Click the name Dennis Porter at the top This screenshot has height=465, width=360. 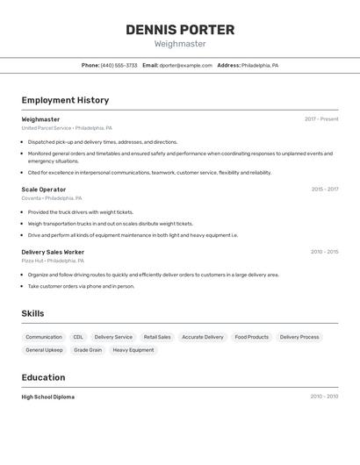(x=180, y=30)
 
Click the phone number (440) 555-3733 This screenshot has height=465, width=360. (x=119, y=65)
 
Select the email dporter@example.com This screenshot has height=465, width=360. (x=185, y=65)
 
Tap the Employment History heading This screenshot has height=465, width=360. (x=65, y=100)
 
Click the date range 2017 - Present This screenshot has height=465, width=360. (x=321, y=119)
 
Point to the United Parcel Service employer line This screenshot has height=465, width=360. (x=67, y=128)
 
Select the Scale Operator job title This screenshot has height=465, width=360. (x=44, y=190)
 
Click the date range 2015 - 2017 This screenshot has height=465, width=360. (x=325, y=190)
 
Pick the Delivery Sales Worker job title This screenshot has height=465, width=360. (x=53, y=252)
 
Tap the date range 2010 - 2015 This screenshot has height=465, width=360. (x=325, y=252)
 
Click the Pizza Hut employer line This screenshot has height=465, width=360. (x=53, y=261)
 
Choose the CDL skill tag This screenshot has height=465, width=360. (x=78, y=337)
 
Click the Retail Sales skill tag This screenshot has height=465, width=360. (x=157, y=337)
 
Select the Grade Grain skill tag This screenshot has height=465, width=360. (x=88, y=350)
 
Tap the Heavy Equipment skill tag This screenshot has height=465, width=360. (x=133, y=350)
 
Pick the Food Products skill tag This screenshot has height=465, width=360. (x=252, y=337)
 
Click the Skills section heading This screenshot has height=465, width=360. (x=32, y=313)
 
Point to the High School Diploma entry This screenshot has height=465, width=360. (x=48, y=397)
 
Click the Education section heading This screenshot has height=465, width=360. (x=43, y=377)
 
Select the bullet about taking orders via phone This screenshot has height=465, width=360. (x=81, y=286)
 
